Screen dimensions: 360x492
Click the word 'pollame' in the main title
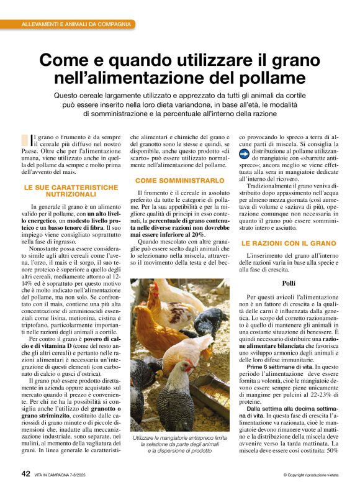point(274,78)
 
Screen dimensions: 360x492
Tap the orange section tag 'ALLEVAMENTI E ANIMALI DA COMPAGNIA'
point(76,24)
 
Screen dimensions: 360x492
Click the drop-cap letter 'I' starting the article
point(33,140)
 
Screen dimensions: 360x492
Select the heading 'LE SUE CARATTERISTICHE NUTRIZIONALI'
point(70,190)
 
